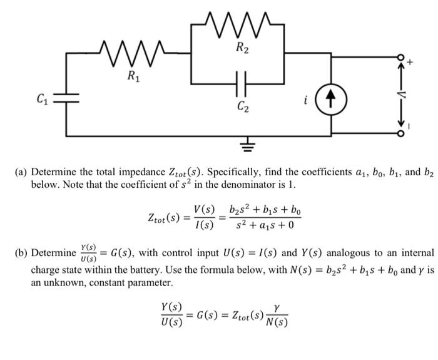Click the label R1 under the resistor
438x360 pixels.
(x=133, y=77)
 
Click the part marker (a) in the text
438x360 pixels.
(x=22, y=173)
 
